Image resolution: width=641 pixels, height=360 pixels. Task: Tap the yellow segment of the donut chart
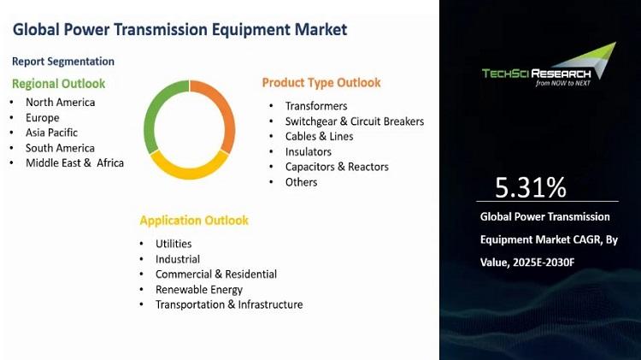point(189,170)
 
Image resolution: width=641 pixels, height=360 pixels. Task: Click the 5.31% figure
point(531,187)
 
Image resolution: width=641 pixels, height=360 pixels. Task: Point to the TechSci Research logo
point(549,65)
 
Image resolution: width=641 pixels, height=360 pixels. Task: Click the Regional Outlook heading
point(58,84)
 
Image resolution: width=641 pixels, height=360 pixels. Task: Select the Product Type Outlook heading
point(321,83)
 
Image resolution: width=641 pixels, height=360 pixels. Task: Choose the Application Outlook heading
point(194,221)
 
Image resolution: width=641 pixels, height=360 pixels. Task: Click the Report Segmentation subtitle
point(63,62)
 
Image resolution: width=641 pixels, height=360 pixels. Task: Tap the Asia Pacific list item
point(51,133)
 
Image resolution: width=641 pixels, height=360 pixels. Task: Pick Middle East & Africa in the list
point(75,162)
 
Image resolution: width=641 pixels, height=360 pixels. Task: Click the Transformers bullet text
point(316,106)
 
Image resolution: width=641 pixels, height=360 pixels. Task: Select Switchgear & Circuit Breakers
point(355,121)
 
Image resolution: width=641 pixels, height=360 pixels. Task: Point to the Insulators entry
point(309,151)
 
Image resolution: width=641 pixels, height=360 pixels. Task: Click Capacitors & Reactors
point(337,167)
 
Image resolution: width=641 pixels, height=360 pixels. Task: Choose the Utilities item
point(173,244)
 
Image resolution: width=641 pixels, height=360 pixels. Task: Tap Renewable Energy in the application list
point(199,290)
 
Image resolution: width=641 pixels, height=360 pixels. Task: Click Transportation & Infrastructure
point(229,304)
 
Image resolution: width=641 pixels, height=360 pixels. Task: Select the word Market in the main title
point(320,29)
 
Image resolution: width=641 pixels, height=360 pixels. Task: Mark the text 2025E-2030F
point(544,263)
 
